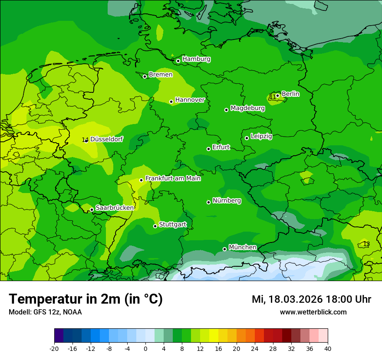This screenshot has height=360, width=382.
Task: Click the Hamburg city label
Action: pos(196,59)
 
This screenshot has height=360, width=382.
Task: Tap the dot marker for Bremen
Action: pos(145,76)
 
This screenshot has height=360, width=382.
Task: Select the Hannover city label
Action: pos(190,100)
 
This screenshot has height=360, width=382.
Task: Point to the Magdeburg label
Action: pos(247,108)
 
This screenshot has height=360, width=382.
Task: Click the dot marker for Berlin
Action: pos(278,95)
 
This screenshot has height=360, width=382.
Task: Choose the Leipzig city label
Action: pos(261,136)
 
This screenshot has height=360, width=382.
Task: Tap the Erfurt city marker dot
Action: pos(209,149)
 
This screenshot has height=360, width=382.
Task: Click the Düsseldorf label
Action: pos(106,139)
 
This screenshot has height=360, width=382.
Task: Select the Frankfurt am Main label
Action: pos(173,178)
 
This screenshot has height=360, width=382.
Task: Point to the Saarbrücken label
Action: pos(115,208)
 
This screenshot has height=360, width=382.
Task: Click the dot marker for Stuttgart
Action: pos(155,226)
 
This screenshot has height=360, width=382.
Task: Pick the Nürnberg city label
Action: pos(227,200)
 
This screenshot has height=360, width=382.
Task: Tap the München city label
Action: pos(242,247)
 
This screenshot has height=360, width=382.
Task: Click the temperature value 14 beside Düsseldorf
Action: pos(85,140)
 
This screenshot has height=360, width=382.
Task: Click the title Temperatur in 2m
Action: pos(86,299)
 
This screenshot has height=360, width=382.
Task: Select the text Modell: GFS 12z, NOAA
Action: pos(45,312)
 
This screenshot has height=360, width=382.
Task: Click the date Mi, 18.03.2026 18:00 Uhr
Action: pos(311,299)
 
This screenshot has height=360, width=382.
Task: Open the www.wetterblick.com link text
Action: pos(313,312)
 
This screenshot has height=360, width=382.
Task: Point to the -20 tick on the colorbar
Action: pos(54,348)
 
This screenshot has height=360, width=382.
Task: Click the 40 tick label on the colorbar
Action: pos(327,348)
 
